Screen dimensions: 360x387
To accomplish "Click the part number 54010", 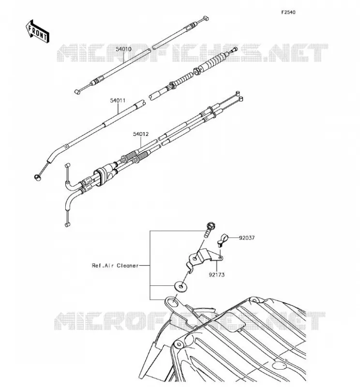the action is pyautogui.click(x=123, y=49).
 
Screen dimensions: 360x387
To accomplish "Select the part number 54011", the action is pyautogui.click(x=118, y=101).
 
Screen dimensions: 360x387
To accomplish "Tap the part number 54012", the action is pyautogui.click(x=141, y=134).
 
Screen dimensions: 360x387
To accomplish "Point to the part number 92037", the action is pyautogui.click(x=247, y=238).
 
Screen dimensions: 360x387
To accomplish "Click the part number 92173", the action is pyautogui.click(x=217, y=275).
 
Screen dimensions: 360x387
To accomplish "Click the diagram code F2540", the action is pyautogui.click(x=288, y=12).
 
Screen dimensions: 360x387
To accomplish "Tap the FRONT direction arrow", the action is pyautogui.click(x=38, y=32).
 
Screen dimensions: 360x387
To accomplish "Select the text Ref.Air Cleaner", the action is pyautogui.click(x=115, y=266).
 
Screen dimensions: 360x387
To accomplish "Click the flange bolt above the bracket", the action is pyautogui.click(x=210, y=229).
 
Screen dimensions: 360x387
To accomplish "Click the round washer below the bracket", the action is pyautogui.click(x=180, y=286).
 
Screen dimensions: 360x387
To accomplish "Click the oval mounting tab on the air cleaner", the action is pyautogui.click(x=173, y=302).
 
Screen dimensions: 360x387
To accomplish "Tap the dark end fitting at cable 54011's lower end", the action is pyautogui.click(x=37, y=177).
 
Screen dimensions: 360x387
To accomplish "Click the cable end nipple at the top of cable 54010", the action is pyautogui.click(x=206, y=18).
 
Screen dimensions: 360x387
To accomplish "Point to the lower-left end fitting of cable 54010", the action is pyautogui.click(x=77, y=92).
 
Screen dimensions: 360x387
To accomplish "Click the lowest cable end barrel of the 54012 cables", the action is pyautogui.click(x=67, y=224).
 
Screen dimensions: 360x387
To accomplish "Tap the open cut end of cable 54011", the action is pyautogui.click(x=142, y=103).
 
